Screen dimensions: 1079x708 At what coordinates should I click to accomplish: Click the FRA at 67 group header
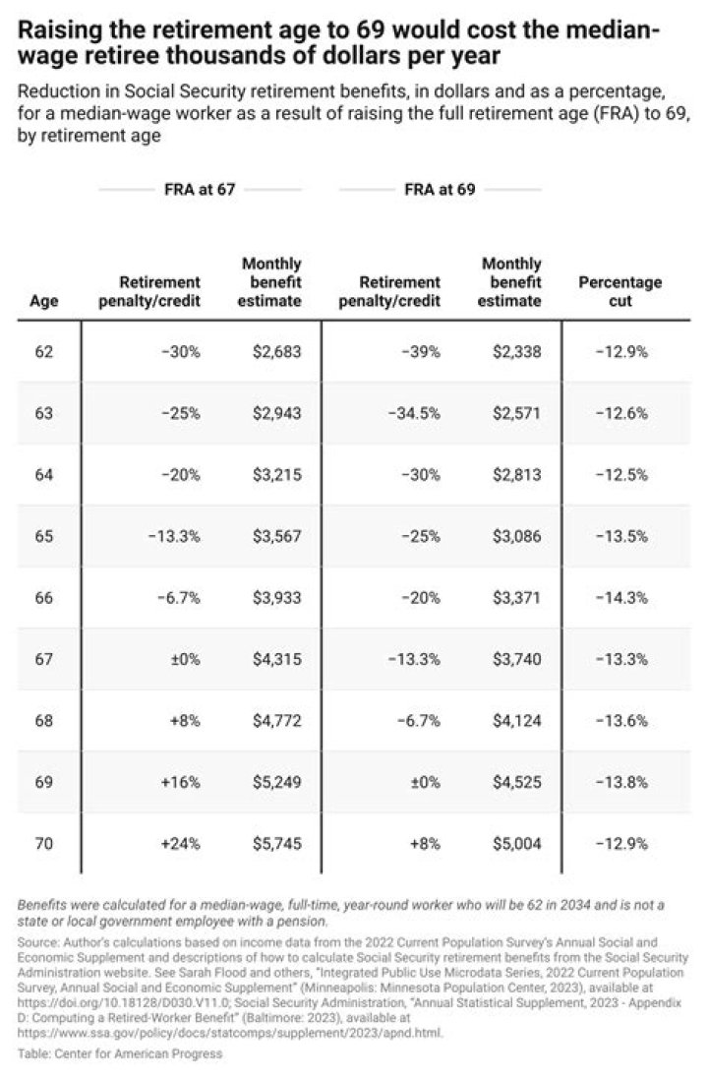click(200, 190)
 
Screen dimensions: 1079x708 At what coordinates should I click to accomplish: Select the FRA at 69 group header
click(440, 190)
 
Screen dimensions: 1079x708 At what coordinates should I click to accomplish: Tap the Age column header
click(44, 301)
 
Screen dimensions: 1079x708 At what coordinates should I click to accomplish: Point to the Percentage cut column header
click(619, 291)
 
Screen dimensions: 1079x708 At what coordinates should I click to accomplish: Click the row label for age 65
click(44, 536)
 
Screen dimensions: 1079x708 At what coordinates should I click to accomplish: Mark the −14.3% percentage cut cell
click(625, 597)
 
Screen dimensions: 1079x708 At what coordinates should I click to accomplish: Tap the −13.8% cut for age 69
click(625, 782)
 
